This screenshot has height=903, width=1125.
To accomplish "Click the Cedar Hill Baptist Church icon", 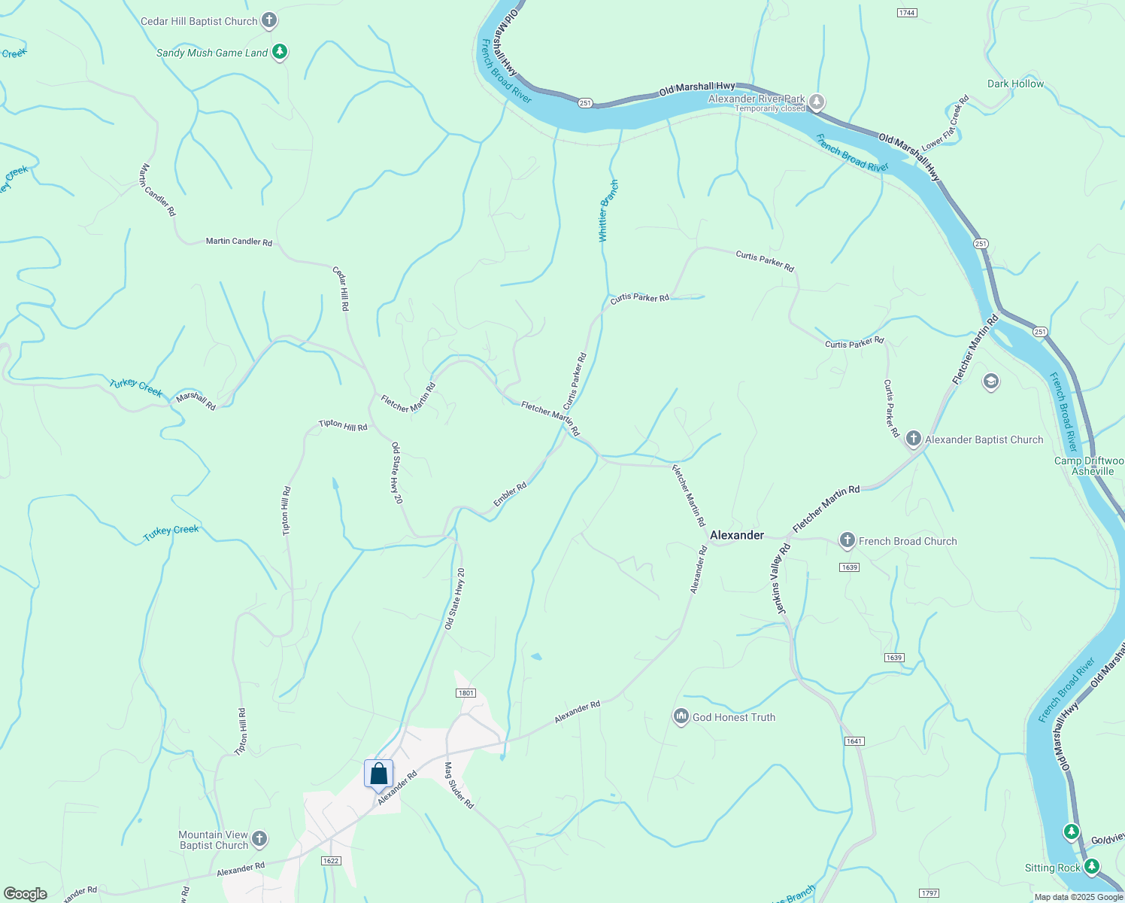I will (x=269, y=21).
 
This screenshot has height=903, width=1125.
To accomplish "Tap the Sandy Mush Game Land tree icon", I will (x=280, y=52).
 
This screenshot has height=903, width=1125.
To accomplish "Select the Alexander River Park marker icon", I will (x=817, y=102).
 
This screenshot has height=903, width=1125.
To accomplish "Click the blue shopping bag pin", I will (x=378, y=774).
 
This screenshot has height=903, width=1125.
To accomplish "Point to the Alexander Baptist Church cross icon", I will (x=914, y=439).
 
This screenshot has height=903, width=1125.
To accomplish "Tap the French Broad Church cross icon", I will (x=848, y=540).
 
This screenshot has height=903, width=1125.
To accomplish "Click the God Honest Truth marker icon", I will (x=681, y=716).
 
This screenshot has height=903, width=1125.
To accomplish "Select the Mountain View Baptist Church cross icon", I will (x=259, y=838).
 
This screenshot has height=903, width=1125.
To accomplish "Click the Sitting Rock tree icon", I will (x=1092, y=867).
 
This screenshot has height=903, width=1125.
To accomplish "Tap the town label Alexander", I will (x=737, y=535).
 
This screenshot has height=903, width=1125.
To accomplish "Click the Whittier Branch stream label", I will (x=608, y=211).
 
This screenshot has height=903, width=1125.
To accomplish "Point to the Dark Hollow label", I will (x=1015, y=84).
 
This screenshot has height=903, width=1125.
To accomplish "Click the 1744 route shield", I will (x=907, y=13).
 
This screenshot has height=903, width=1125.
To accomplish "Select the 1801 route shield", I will (x=465, y=693).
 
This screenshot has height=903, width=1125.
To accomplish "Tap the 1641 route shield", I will (x=854, y=741).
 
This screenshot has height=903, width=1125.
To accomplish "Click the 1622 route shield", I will (x=330, y=861).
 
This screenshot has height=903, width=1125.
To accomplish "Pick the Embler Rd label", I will (x=510, y=494).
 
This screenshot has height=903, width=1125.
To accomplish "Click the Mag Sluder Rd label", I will (x=459, y=786).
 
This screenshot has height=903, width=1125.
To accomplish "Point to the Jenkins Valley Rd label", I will (x=782, y=579).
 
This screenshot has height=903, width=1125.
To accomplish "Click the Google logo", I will (x=25, y=894).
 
